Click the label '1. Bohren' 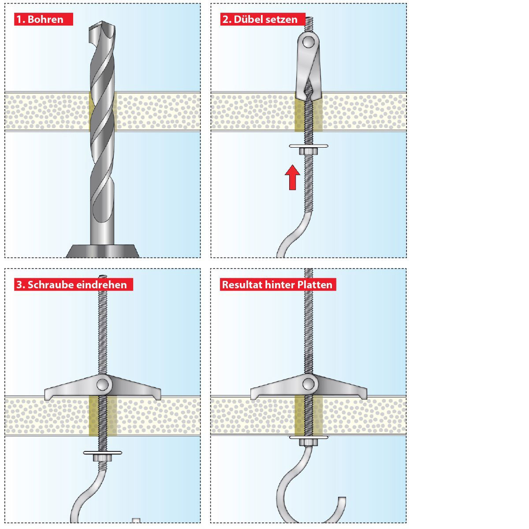click(43, 19)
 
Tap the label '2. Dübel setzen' click(262, 19)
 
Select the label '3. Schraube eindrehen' click(73, 284)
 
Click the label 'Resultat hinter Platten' click(277, 284)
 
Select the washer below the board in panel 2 click(309, 145)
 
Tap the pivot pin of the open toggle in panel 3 click(103, 383)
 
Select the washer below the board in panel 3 click(102, 452)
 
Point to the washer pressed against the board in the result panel click(309, 437)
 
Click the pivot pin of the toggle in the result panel click(309, 383)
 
